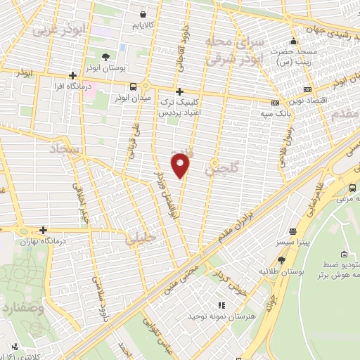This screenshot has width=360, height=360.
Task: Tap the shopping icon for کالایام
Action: pos(143,13)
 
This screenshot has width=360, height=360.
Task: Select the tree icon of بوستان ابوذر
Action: pos(105,56)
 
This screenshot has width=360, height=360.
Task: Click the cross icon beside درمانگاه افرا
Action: pos(73,76)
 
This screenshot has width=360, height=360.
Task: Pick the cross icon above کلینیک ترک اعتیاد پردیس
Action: pos(179,91)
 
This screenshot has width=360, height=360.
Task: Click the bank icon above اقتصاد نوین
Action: pos(307,89)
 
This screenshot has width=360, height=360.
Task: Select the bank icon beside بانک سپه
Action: pos(275,103)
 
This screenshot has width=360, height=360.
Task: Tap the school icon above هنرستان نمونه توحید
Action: pos(220,305)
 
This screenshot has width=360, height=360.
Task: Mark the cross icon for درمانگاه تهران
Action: pos(44,229)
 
